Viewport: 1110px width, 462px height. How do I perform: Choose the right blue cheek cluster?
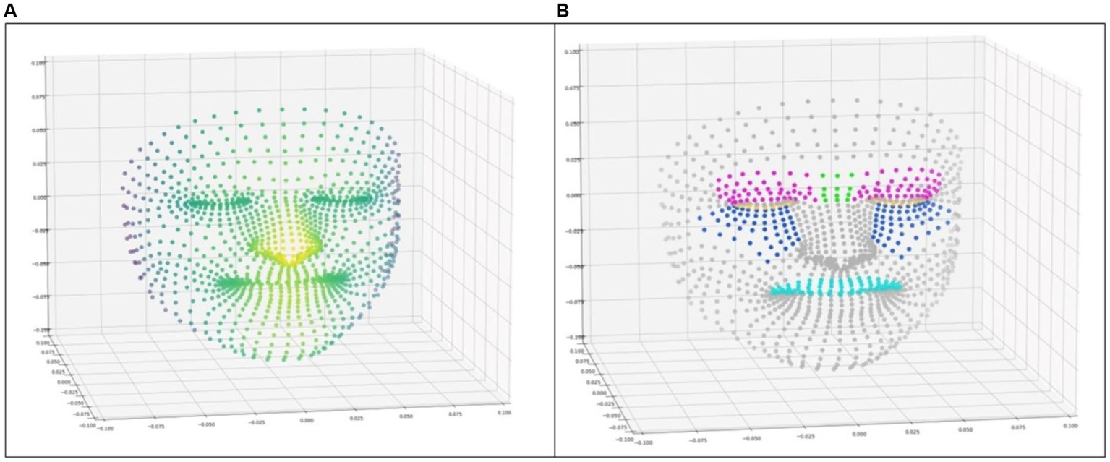(904, 228)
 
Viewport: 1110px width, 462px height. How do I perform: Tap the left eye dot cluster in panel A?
(217, 203)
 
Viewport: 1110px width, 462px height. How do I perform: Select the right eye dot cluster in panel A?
(340, 197)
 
